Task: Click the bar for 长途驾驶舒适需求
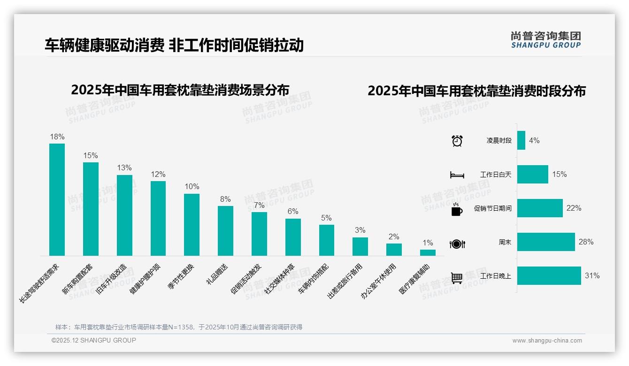pos(57,199)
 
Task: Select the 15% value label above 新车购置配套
pos(91,155)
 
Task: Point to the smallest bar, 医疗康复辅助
pos(428,252)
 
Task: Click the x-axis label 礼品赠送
pos(217,275)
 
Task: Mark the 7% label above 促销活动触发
pos(259,205)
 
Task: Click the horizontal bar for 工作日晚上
pos(549,276)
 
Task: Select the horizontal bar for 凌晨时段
pos(521,140)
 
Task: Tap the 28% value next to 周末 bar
pos(586,242)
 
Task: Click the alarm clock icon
pos(457,141)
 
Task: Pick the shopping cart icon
pos(457,278)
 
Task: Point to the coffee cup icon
pos(457,210)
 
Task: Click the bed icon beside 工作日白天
pos(457,175)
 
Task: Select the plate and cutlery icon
pos(457,244)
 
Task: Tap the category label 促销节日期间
pos(492,208)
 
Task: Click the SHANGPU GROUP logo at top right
pos(545,40)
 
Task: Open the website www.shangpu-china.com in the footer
pos(547,341)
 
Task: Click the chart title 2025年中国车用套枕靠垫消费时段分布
pos(476,91)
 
